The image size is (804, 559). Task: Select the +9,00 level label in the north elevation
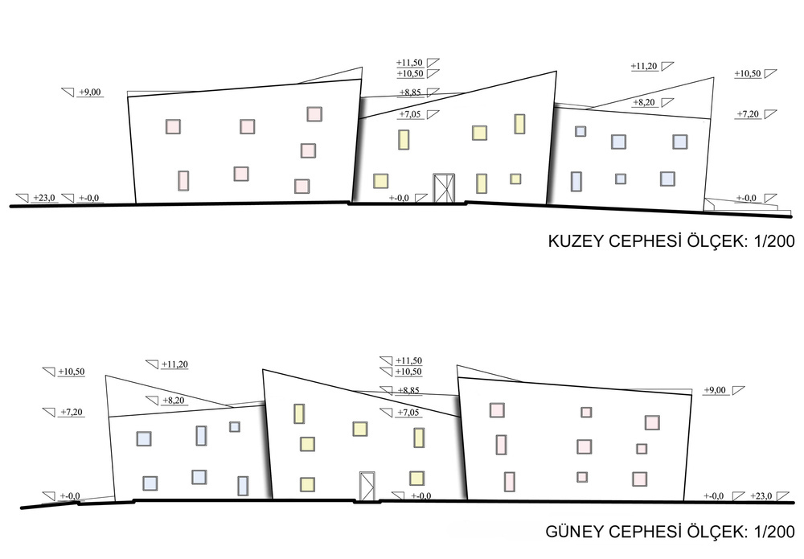(x=90, y=92)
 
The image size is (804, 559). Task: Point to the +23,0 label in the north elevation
(x=44, y=198)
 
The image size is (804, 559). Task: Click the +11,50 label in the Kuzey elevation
(x=409, y=63)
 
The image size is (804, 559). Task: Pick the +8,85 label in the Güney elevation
(x=408, y=390)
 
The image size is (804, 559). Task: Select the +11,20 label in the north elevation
(x=644, y=66)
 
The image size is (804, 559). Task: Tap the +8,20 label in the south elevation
(x=174, y=400)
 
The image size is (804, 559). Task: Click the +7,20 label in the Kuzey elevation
(x=748, y=114)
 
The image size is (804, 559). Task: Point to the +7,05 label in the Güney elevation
(x=408, y=413)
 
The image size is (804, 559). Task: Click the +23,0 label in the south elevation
(x=761, y=496)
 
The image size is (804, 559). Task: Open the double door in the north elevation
(x=444, y=188)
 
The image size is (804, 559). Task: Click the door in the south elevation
(x=367, y=486)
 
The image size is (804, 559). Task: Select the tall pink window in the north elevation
(x=183, y=180)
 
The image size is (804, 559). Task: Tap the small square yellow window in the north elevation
(x=515, y=179)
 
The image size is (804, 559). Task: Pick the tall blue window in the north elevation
(x=576, y=181)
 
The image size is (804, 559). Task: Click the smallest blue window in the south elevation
(x=234, y=426)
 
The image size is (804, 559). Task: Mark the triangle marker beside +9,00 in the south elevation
(x=738, y=390)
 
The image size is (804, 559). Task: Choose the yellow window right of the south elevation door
(x=416, y=478)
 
